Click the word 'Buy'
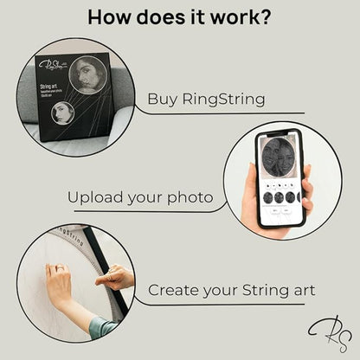164,98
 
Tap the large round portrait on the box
87,74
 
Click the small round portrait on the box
64,112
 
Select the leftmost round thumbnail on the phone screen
267,197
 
